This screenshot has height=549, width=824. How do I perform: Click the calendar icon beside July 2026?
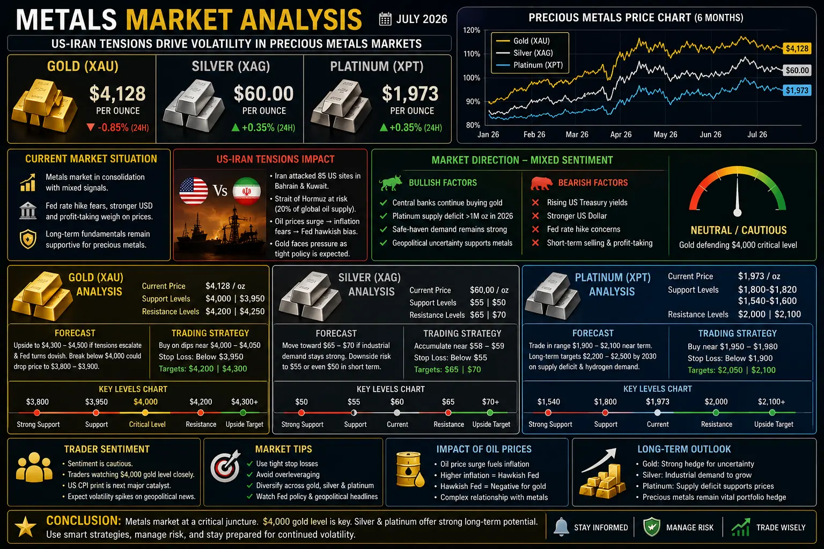pyautogui.click(x=385, y=19)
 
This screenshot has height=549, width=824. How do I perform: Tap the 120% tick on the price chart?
pyautogui.click(x=472, y=30)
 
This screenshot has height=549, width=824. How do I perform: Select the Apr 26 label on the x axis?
pyautogui.click(x=621, y=135)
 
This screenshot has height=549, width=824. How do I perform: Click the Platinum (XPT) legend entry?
pyautogui.click(x=529, y=65)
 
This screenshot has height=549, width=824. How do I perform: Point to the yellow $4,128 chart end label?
pyautogui.click(x=797, y=48)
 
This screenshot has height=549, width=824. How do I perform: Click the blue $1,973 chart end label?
pyautogui.click(x=797, y=91)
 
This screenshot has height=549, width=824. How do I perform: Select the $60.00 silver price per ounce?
pyautogui.click(x=263, y=94)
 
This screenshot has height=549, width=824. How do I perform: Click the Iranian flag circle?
pyautogui.click(x=246, y=191)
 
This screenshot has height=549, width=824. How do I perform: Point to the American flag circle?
pyautogui.click(x=194, y=191)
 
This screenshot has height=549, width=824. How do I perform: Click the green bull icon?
pyautogui.click(x=391, y=182)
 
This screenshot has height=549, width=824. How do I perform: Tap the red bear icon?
pyautogui.click(x=541, y=183)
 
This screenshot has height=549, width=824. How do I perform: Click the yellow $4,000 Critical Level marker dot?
pyautogui.click(x=145, y=413)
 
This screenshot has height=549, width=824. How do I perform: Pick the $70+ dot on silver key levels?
pyautogui.click(x=490, y=413)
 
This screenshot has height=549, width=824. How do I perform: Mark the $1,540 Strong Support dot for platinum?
pyautogui.click(x=548, y=413)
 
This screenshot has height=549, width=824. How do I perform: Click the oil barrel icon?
pyautogui.click(x=410, y=470)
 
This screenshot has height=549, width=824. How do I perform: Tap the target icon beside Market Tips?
pyautogui.click(x=225, y=466)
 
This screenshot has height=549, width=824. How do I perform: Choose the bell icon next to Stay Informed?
pyautogui.click(x=561, y=527)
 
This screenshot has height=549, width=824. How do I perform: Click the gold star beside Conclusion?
pyautogui.click(x=25, y=526)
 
